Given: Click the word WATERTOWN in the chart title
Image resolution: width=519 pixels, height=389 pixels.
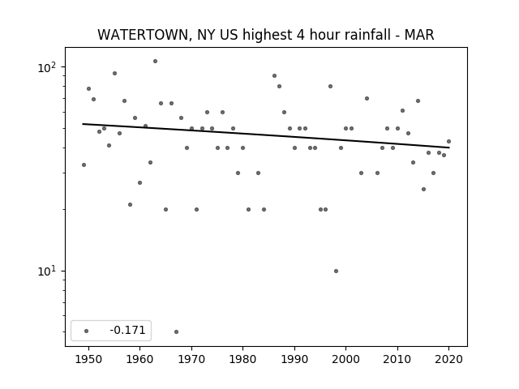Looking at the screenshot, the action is pyautogui.click(x=143, y=35).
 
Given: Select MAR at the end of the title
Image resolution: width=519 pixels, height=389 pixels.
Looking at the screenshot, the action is pyautogui.click(x=419, y=35).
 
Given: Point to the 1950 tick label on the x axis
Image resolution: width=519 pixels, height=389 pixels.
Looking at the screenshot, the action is pyautogui.click(x=88, y=359).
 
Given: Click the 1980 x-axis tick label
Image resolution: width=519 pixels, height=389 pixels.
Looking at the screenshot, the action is pyautogui.click(x=242, y=359).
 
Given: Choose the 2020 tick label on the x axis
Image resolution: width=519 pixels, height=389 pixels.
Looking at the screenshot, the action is pyautogui.click(x=448, y=359).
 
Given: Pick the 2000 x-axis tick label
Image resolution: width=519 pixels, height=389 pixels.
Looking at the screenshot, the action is pyautogui.click(x=345, y=359).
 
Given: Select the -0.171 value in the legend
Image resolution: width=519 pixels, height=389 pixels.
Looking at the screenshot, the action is pyautogui.click(x=127, y=330).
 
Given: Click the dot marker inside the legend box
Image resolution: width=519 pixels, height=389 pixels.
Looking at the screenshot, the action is pyautogui.click(x=87, y=331).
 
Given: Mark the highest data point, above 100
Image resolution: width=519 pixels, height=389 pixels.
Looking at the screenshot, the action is pyautogui.click(x=155, y=62).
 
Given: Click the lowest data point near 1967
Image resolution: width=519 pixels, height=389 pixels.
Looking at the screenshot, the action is pyautogui.click(x=177, y=331).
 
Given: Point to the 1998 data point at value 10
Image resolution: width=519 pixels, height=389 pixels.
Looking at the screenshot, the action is pyautogui.click(x=336, y=271).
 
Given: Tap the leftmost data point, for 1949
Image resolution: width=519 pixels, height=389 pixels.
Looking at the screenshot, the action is pyautogui.click(x=84, y=165).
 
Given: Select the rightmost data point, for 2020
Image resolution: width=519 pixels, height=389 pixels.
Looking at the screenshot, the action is pyautogui.click(x=448, y=141).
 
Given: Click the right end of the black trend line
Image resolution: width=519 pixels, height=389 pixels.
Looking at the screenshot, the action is pyautogui.click(x=449, y=147).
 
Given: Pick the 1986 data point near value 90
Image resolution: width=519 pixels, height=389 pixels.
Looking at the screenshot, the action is pyautogui.click(x=274, y=75).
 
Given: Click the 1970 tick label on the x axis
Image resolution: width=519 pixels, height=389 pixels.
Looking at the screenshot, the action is pyautogui.click(x=191, y=359).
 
